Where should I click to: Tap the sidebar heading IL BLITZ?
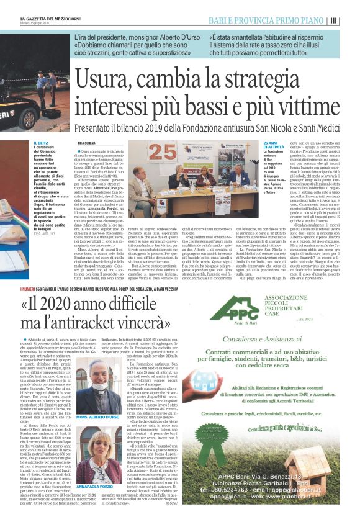(x=42, y=142)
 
